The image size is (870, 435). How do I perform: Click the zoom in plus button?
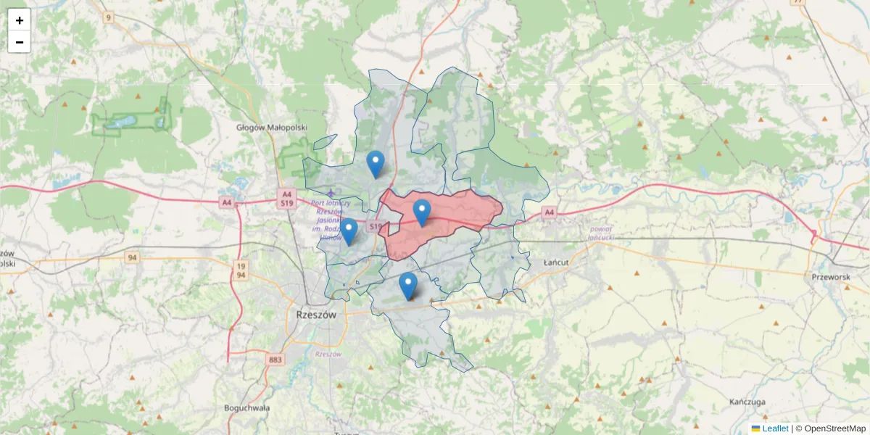(20, 20)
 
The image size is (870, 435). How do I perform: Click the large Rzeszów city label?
(317, 315)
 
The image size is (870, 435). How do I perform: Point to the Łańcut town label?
(558, 262)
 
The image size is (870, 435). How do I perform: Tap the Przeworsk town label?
(830, 276)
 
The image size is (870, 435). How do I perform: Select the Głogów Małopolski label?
(272, 127)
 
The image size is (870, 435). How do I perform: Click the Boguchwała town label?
(246, 407)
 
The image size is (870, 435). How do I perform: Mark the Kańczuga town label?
(748, 401)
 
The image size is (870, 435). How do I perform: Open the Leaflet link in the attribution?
(774, 428)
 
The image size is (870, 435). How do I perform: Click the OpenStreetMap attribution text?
(834, 428)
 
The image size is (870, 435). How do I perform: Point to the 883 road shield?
(275, 360)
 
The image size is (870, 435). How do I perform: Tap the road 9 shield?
(109, 17)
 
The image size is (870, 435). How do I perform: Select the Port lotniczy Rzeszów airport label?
(331, 220)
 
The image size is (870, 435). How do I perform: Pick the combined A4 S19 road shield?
(287, 199)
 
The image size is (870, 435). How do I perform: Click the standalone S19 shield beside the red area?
(374, 227)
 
